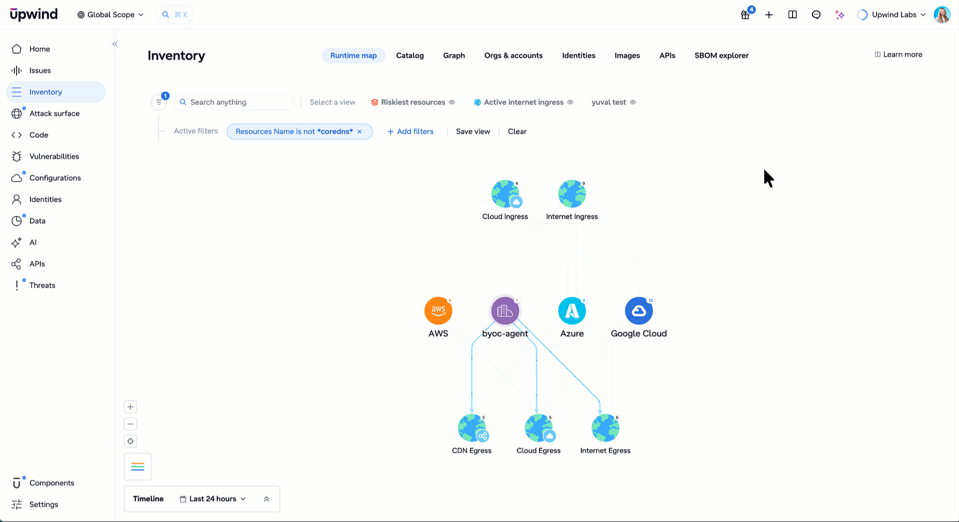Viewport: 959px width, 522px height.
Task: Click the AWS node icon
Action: pyautogui.click(x=438, y=311)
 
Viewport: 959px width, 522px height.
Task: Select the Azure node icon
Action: pyautogui.click(x=572, y=311)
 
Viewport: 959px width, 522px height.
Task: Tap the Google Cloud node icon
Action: pyautogui.click(x=639, y=311)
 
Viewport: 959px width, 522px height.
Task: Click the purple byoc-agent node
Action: pyautogui.click(x=505, y=311)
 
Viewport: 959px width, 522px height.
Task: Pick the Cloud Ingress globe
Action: pyautogui.click(x=505, y=194)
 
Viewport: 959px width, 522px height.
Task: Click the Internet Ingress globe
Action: pyautogui.click(x=572, y=194)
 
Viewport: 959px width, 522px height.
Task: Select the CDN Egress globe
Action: pyautogui.click(x=472, y=428)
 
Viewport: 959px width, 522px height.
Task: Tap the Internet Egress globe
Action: pyautogui.click(x=605, y=428)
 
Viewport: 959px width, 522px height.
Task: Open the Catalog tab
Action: pyautogui.click(x=410, y=55)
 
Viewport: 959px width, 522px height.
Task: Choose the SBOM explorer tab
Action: pyautogui.click(x=721, y=55)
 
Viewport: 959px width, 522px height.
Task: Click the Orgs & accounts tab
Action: pyautogui.click(x=513, y=55)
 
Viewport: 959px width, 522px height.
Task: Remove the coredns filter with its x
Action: pyautogui.click(x=360, y=131)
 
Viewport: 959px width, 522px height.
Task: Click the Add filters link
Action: pyautogui.click(x=411, y=131)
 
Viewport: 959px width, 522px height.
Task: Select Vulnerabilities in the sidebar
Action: pyautogui.click(x=54, y=156)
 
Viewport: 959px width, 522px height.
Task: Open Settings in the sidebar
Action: pyautogui.click(x=44, y=505)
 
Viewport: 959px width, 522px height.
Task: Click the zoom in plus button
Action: pyautogui.click(x=130, y=407)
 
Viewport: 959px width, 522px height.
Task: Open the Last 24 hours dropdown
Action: pyautogui.click(x=213, y=499)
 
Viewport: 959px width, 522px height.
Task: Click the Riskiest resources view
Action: pyautogui.click(x=413, y=102)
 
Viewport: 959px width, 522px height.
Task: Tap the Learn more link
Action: pyautogui.click(x=898, y=54)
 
